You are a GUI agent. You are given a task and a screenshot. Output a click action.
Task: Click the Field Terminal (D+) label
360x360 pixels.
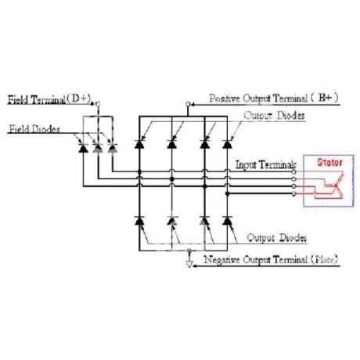[x=49, y=99]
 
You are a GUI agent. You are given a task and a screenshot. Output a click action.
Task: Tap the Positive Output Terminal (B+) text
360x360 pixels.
[x=274, y=99]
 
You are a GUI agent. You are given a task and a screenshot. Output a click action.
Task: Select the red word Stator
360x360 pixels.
[x=329, y=162]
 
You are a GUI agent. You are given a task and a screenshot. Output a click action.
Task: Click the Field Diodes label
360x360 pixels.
[x=34, y=129]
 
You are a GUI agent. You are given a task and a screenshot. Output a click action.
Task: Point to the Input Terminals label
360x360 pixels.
[x=266, y=165]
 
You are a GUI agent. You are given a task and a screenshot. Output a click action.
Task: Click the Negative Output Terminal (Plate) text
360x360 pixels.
[x=271, y=260]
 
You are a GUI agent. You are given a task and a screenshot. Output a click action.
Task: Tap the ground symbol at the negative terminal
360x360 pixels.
[x=189, y=264]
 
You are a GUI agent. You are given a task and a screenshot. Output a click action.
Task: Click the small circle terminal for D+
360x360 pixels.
[x=98, y=104]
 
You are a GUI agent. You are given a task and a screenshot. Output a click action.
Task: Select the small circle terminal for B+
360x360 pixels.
[x=188, y=104]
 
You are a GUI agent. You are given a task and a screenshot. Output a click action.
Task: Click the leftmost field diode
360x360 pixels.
[x=83, y=148]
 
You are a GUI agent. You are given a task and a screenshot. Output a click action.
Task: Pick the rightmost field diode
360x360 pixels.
[x=113, y=148]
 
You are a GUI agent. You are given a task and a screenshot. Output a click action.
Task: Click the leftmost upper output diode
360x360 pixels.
[x=139, y=144]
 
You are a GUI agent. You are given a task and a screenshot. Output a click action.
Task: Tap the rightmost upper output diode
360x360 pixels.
[x=228, y=144]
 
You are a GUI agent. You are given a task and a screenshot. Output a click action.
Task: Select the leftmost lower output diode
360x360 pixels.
[x=139, y=221]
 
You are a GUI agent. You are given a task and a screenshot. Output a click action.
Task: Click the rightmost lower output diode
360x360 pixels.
[x=228, y=221]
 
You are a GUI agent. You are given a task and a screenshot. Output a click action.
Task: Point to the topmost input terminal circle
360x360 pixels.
[x=294, y=172]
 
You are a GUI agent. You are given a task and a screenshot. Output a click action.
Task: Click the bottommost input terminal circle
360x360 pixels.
[x=294, y=194]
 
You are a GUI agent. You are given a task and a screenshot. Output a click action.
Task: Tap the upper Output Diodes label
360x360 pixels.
[x=274, y=116]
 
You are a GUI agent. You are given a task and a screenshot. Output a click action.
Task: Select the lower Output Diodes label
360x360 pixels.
[x=277, y=238]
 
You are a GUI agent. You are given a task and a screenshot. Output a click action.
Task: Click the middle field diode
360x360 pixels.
[x=98, y=148]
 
